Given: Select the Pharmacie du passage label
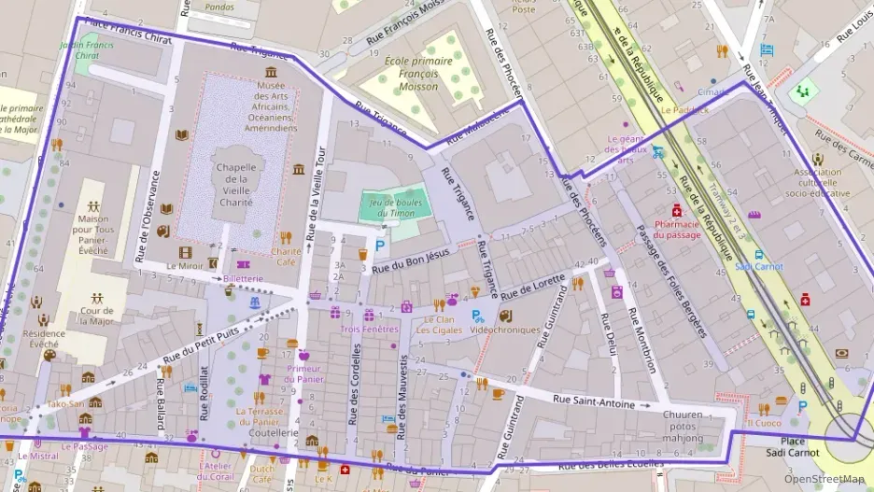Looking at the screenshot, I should (677, 229).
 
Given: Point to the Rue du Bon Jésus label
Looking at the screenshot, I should (411, 260).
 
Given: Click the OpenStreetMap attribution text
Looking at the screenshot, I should (824, 480).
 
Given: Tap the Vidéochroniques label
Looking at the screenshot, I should (505, 330).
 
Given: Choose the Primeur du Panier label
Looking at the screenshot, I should (304, 373).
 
